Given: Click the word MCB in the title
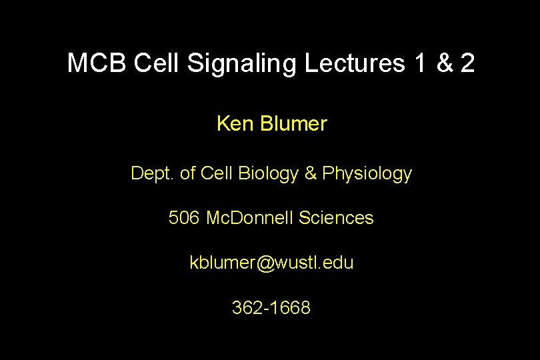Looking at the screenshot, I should pyautogui.click(x=97, y=63).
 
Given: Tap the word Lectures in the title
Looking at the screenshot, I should pyautogui.click(x=355, y=63).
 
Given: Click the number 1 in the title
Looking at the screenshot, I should pyautogui.click(x=419, y=63).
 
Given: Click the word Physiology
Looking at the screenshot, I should pyautogui.click(x=367, y=174).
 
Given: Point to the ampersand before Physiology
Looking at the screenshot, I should pyautogui.click(x=311, y=173).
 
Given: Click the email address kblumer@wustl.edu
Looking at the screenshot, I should pyautogui.click(x=271, y=263).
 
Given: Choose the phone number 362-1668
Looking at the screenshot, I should pyautogui.click(x=271, y=307).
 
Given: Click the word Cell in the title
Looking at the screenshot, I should pyautogui.click(x=157, y=63).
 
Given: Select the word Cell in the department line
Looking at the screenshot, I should pyautogui.click(x=217, y=173).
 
